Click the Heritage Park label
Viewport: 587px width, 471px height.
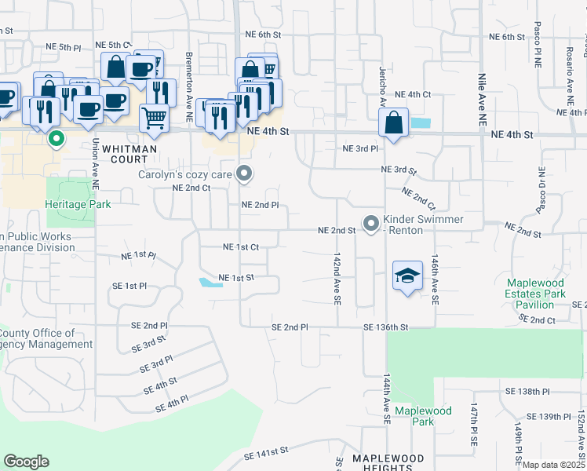click(x=78, y=204)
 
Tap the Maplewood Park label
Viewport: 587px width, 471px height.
click(x=423, y=416)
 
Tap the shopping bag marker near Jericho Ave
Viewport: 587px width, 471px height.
click(x=393, y=123)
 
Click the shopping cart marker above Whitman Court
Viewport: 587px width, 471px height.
click(x=155, y=119)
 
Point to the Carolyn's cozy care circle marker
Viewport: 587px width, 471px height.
click(x=245, y=174)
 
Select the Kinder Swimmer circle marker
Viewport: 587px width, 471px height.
click(x=370, y=221)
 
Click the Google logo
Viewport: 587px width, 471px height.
click(x=26, y=462)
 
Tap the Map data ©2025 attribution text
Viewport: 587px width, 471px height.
click(x=554, y=465)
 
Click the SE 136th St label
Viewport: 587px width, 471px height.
click(x=386, y=327)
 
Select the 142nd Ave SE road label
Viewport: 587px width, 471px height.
click(x=337, y=278)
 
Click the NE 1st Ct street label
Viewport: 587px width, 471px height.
click(x=241, y=246)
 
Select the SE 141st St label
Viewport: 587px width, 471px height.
click(x=267, y=454)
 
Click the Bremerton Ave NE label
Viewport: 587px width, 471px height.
click(x=189, y=78)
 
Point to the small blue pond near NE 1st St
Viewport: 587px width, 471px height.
click(x=209, y=283)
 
